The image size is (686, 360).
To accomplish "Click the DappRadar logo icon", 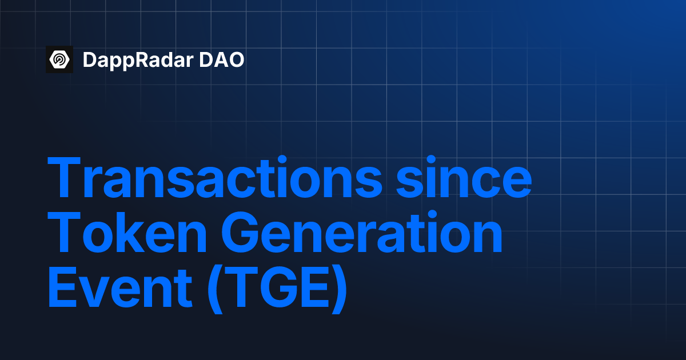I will click(59, 59).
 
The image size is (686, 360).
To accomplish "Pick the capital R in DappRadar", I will click(149, 60).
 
